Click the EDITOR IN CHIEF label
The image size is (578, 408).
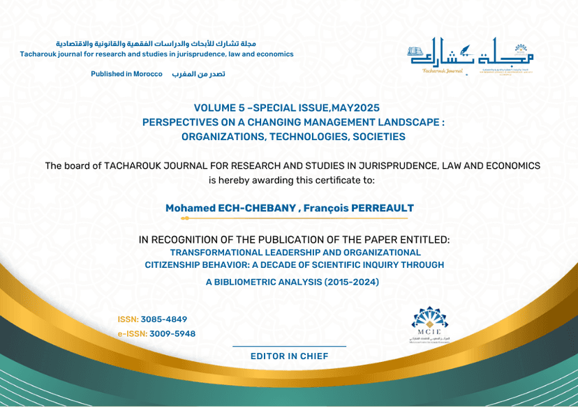[289, 356]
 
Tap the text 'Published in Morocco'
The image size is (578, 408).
[126, 74]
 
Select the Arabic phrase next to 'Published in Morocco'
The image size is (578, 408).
[199, 74]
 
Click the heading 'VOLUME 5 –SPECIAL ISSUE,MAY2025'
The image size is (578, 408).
[286, 108]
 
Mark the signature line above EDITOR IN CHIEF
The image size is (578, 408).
[289, 347]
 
